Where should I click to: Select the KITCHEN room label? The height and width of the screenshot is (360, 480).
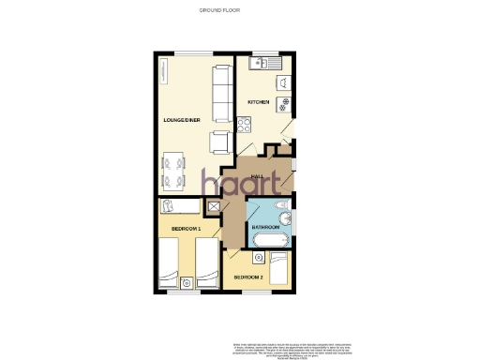(x=259, y=101)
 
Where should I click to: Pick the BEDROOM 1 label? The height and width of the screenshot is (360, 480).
(x=187, y=228)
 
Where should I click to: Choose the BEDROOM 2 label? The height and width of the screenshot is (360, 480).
(x=248, y=277)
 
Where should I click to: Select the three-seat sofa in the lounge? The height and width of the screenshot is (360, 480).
(x=223, y=94)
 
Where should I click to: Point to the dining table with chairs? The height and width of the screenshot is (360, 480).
(x=174, y=171)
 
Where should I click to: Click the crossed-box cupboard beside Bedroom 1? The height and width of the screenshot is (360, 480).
(x=212, y=209)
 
